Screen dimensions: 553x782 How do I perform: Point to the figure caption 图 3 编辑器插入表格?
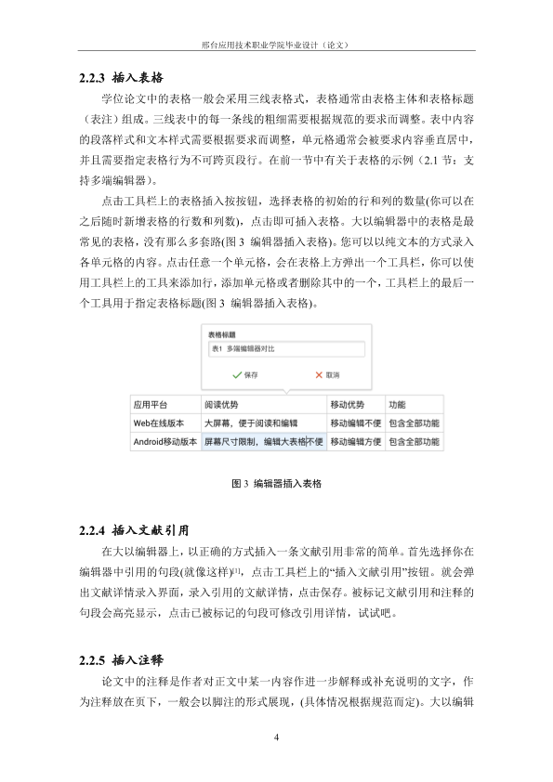tap(276, 484)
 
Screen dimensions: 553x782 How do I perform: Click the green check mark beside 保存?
tap(236, 374)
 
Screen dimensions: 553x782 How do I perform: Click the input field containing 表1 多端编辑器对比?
tap(286, 350)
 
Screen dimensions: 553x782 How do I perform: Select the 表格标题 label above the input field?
tap(222, 334)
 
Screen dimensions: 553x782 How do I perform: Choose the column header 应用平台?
tap(151, 405)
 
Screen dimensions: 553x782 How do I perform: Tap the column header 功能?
tap(397, 405)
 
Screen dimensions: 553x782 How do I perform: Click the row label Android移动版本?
tap(165, 442)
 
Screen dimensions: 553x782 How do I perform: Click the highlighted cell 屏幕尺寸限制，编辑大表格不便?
tap(263, 442)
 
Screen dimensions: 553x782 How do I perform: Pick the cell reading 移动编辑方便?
tap(354, 442)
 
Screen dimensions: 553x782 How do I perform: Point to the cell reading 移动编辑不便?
tap(354, 424)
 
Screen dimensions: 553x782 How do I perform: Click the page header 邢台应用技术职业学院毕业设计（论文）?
tap(276, 44)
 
